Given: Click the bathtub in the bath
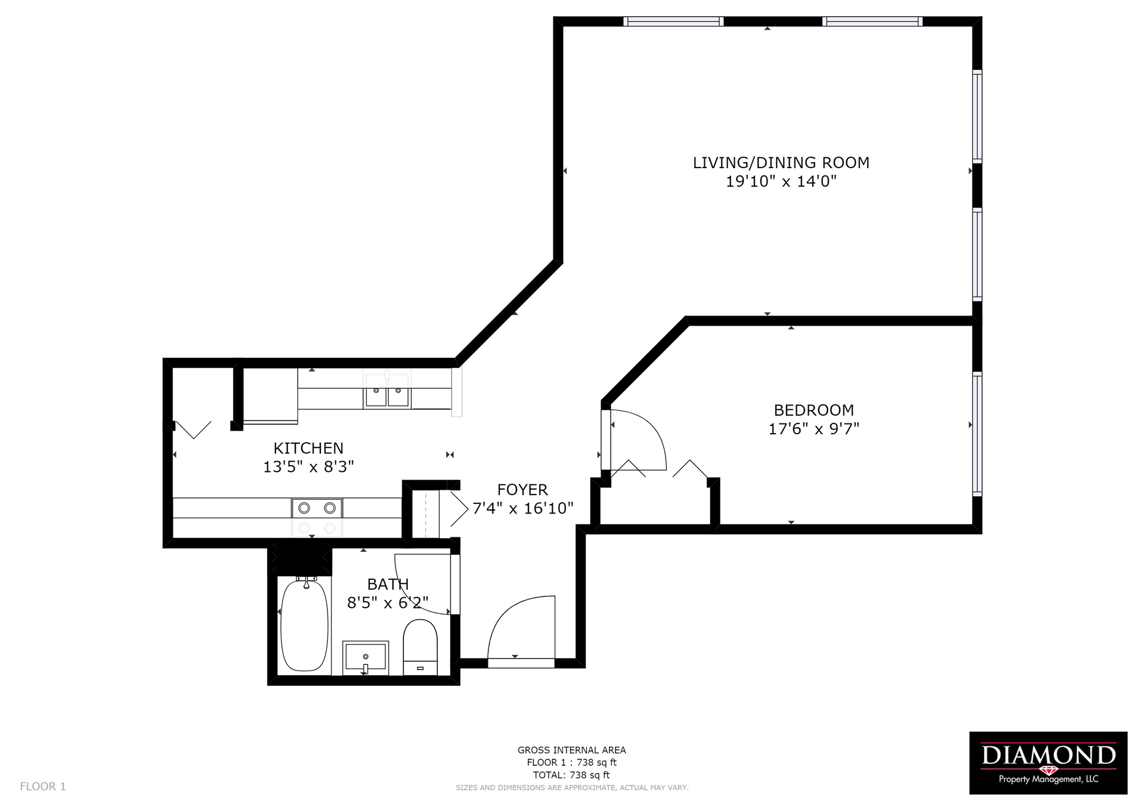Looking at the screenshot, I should tap(304, 626).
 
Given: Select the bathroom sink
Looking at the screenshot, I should tap(366, 658).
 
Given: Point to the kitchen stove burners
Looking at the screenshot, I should tap(317, 508).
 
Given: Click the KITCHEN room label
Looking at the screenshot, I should tap(308, 448).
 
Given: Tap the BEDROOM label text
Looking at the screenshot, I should tap(813, 410).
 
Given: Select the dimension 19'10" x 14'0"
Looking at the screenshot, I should tap(781, 181).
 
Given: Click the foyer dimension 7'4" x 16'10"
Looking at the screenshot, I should tap(522, 509).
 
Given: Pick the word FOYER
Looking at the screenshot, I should tap(522, 490).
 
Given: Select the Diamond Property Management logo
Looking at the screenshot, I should tap(1048, 762).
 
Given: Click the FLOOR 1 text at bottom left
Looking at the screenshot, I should tap(43, 786).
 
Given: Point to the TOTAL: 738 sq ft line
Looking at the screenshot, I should tap(571, 775).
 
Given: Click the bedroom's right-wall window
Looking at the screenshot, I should tap(977, 434).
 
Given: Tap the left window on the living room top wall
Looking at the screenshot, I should tap(673, 21).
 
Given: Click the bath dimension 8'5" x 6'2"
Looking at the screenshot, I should tap(388, 603).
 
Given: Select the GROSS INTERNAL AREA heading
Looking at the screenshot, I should tap(571, 750).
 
